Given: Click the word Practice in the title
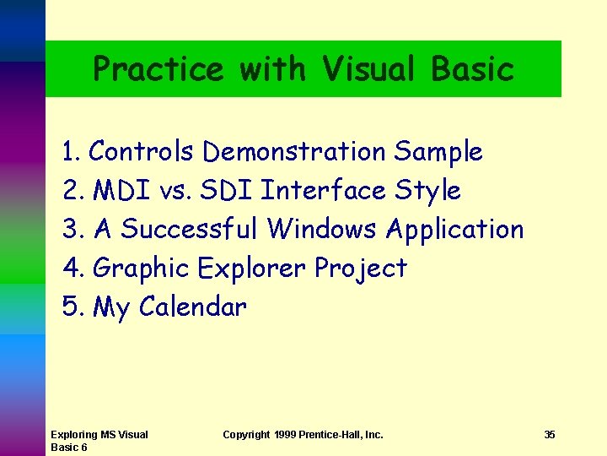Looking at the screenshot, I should pyautogui.click(x=158, y=69).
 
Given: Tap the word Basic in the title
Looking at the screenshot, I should pyautogui.click(x=472, y=69).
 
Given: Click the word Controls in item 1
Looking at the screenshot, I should pyautogui.click(x=142, y=152).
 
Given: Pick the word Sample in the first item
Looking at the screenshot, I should pyautogui.click(x=438, y=153).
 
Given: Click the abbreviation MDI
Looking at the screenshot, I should pyautogui.click(x=121, y=191).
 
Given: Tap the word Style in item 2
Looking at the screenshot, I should pyautogui.click(x=427, y=192).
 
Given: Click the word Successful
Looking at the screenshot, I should pyautogui.click(x=191, y=229).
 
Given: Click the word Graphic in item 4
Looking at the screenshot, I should pyautogui.click(x=141, y=269).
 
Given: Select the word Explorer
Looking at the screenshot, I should pyautogui.click(x=252, y=269).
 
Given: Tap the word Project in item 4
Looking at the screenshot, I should pyautogui.click(x=361, y=269).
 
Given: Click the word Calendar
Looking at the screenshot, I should pyautogui.click(x=193, y=307).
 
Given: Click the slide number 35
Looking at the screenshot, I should pyautogui.click(x=550, y=435).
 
